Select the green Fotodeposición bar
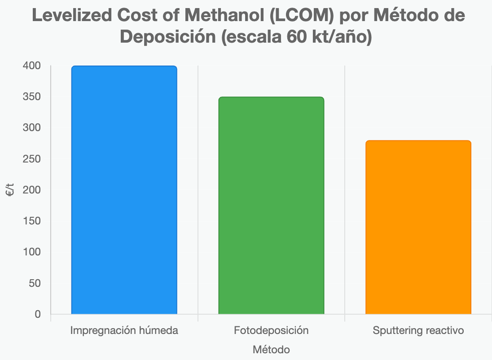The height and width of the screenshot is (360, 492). (271, 206)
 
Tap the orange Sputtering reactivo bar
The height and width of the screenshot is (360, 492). (418, 227)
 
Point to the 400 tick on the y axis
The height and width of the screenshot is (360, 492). (31, 66)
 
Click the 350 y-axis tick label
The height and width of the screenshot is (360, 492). (31, 97)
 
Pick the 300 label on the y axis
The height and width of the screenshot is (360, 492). (31, 128)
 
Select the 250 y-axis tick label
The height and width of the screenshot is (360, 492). (31, 159)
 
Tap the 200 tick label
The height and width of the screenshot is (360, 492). (31, 190)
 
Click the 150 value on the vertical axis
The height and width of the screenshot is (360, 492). (31, 221)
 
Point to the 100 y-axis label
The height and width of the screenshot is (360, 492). (31, 252)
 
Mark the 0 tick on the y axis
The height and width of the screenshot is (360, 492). (38, 314)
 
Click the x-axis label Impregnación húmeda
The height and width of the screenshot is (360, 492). (124, 331)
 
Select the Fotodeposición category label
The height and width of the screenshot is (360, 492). (271, 331)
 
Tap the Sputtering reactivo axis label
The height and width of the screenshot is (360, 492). (418, 331)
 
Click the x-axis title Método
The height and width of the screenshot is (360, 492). (271, 349)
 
